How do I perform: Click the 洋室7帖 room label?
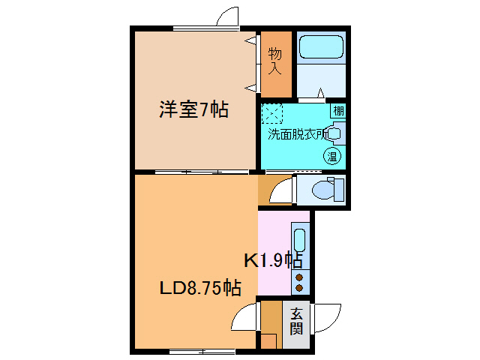(x=193, y=110)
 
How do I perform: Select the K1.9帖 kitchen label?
(x=274, y=260)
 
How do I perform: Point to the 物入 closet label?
(x=275, y=61)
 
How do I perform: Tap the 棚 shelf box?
(x=339, y=111)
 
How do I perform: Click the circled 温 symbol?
(x=331, y=156)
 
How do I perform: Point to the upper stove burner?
(x=300, y=277)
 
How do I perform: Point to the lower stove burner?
(x=300, y=287)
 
